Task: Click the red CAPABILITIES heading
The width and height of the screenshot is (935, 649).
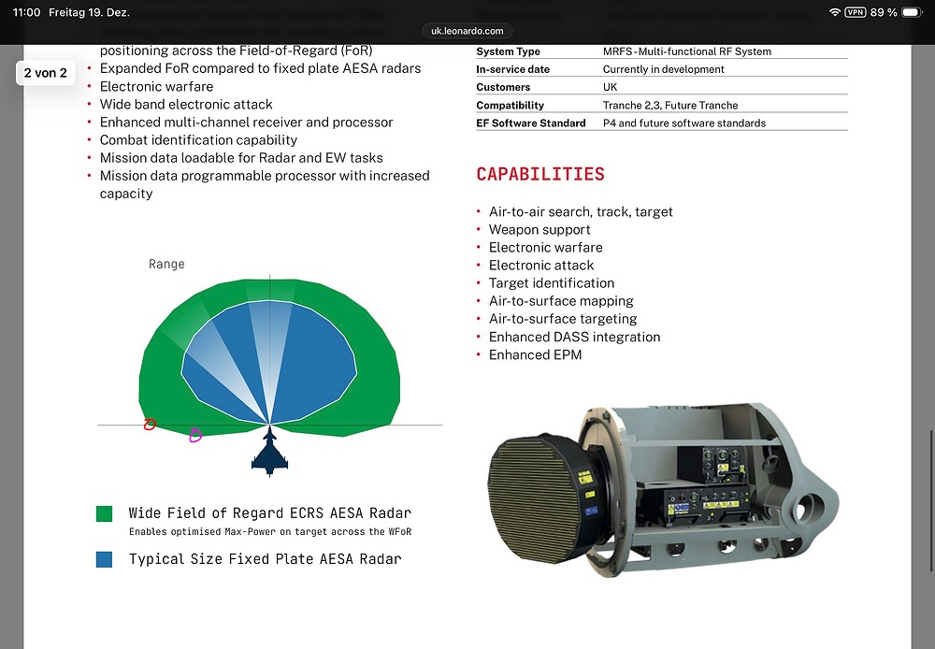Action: (540, 175)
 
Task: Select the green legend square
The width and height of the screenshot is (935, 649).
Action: (105, 513)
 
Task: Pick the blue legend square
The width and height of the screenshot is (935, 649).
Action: (105, 559)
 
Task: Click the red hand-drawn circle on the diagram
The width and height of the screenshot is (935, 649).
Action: (150, 425)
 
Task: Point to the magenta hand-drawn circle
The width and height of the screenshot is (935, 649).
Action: (194, 435)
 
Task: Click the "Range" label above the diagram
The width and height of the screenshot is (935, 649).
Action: (166, 265)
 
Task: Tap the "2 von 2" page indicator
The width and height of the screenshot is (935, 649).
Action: (46, 73)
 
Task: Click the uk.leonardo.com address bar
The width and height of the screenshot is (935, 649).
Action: (467, 31)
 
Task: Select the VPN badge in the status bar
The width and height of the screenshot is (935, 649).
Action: (855, 12)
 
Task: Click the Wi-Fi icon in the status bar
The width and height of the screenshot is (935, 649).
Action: (834, 12)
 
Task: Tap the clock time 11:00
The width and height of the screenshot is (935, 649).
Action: (27, 12)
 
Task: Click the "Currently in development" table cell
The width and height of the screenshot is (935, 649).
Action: (663, 69)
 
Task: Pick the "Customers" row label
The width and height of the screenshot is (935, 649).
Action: (503, 87)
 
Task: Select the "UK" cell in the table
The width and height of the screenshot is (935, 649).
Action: (611, 87)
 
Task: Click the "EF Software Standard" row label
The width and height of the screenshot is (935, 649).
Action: (530, 123)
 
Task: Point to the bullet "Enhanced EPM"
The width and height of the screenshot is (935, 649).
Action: (535, 354)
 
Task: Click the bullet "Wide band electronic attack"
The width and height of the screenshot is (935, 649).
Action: (186, 104)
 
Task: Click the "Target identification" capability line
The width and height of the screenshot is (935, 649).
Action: (552, 282)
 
